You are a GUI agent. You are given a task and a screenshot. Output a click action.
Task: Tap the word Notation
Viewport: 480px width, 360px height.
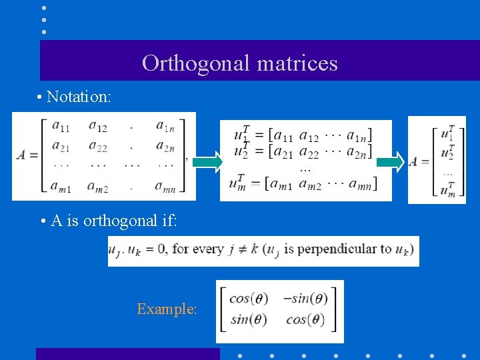tap(78, 97)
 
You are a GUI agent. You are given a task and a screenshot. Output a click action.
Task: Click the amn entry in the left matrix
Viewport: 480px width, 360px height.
tap(165, 188)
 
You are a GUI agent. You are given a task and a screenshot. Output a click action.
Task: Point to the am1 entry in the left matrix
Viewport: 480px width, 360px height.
tap(61, 188)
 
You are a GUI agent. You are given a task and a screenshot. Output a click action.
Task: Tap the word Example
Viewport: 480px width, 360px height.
tap(167, 309)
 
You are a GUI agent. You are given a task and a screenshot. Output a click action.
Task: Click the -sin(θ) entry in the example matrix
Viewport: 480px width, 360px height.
tap(305, 299)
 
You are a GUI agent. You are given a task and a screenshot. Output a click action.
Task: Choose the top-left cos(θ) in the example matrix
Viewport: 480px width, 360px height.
tap(249, 299)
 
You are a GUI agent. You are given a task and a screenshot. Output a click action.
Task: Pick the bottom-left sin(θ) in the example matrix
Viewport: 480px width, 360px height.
tap(249, 320)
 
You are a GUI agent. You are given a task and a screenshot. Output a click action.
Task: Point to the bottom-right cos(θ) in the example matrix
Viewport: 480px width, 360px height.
tap(306, 320)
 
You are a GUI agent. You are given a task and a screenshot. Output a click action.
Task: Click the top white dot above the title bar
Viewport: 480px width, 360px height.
tap(43, 9)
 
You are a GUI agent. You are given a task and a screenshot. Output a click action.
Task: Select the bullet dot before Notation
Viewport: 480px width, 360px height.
tap(41, 97)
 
